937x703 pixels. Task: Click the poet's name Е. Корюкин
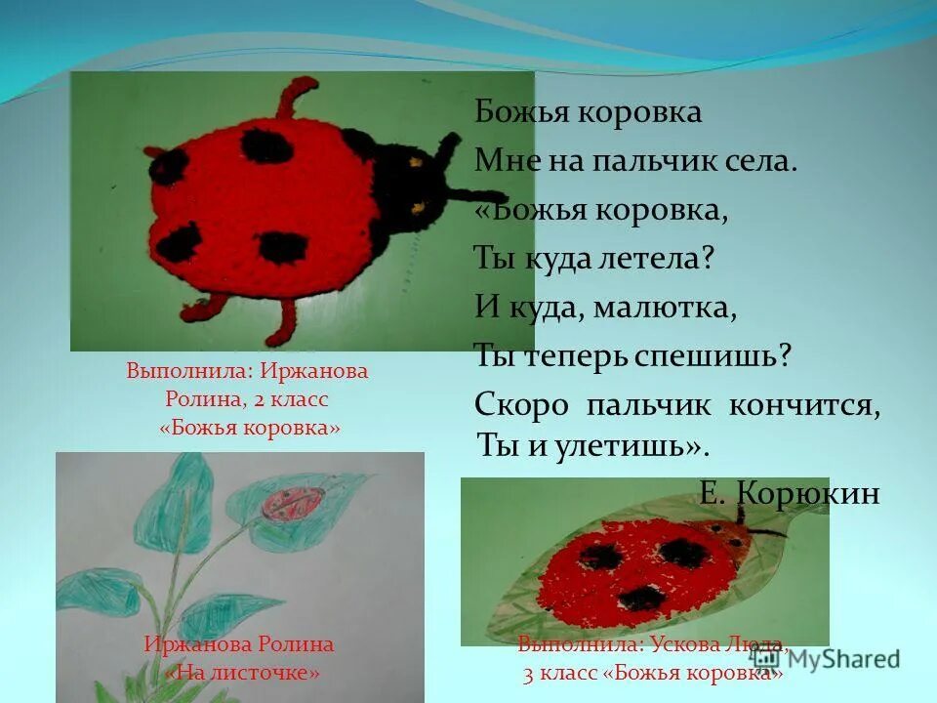(790, 493)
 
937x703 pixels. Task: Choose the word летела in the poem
(661, 259)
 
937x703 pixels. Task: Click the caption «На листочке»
(242, 673)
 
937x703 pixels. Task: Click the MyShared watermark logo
(826, 658)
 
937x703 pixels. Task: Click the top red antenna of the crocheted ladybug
(293, 98)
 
